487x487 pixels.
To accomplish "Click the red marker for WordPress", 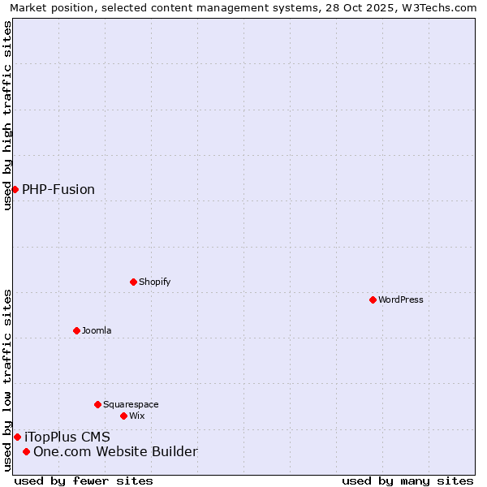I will (373, 300).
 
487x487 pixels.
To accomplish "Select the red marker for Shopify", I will (133, 282).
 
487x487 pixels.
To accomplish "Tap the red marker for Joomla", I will (76, 330).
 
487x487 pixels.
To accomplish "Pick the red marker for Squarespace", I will (97, 404).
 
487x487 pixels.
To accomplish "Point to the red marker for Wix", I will (123, 416).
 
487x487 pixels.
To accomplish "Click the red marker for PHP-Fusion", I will (15, 189).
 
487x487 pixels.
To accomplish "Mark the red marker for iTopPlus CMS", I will (17, 437).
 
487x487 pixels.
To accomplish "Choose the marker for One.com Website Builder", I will (26, 451).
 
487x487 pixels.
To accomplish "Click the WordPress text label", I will (401, 300).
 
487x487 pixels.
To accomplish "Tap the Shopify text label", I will (154, 282).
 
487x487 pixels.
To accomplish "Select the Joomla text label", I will (97, 330).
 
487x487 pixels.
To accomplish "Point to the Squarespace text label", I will (131, 404).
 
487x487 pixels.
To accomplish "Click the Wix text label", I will (136, 416).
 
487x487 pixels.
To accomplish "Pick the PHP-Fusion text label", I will (58, 190).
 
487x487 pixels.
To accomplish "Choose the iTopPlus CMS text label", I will (67, 437).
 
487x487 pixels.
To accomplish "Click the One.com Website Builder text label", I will (115, 452).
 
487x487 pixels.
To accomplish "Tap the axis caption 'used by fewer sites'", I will (84, 481).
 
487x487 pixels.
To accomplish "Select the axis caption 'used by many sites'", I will (407, 481).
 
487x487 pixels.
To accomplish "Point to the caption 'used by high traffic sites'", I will (7, 115).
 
